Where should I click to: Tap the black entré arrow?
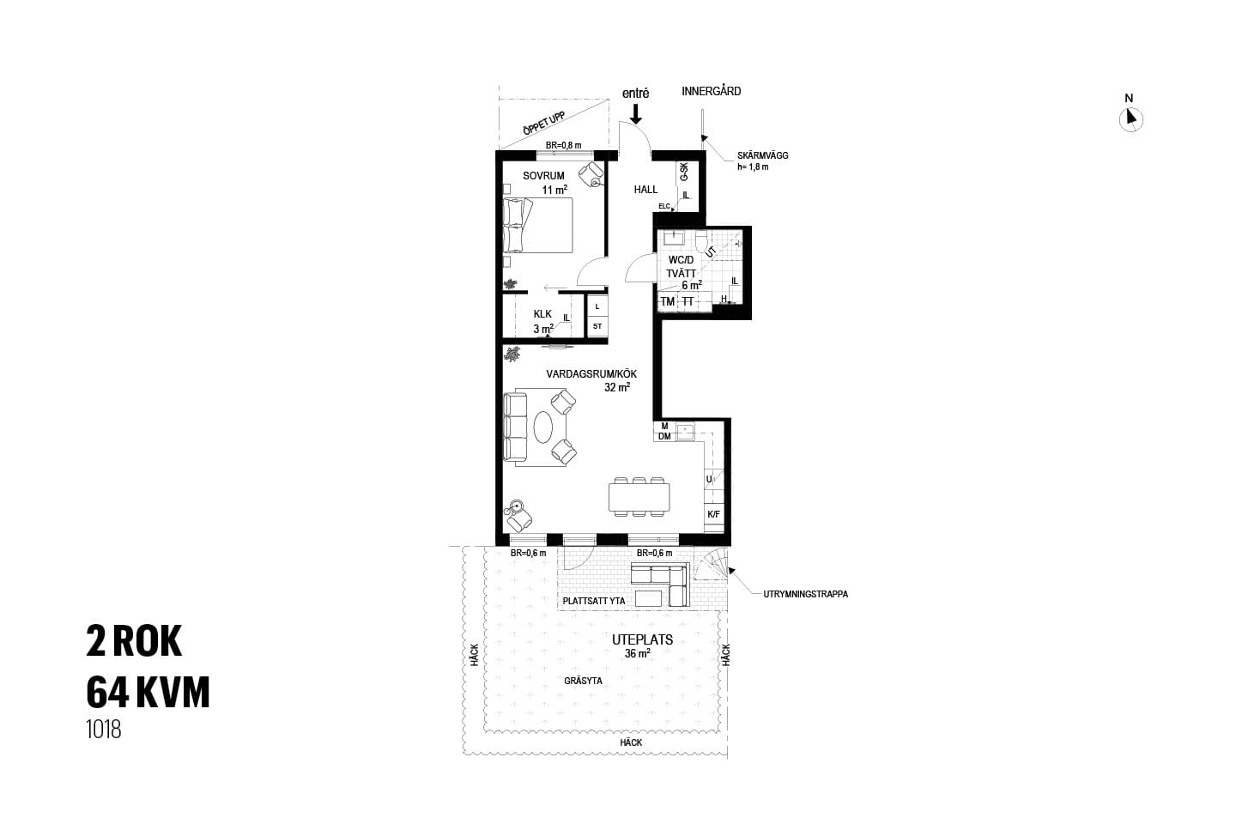[x=636, y=113]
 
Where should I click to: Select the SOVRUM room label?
[x=543, y=176]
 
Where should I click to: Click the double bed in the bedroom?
[x=538, y=225]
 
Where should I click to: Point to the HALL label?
[x=645, y=190]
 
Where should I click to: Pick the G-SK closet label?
[x=683, y=173]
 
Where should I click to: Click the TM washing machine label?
[x=668, y=302]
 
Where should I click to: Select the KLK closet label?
[x=542, y=314]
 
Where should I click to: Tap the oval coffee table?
[x=543, y=427]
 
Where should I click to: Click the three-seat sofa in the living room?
[x=515, y=427]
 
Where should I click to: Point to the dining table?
[x=639, y=497]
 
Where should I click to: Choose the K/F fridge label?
[x=713, y=514]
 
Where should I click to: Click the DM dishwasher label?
[x=664, y=437]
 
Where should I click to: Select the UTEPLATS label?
[x=642, y=639]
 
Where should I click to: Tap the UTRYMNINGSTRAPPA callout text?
[x=806, y=595]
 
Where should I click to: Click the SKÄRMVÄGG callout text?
[x=762, y=155]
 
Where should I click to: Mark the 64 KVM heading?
[x=148, y=693]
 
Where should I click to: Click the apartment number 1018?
[x=104, y=730]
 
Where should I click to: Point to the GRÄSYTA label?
[x=583, y=681]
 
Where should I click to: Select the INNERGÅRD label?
[x=712, y=91]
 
